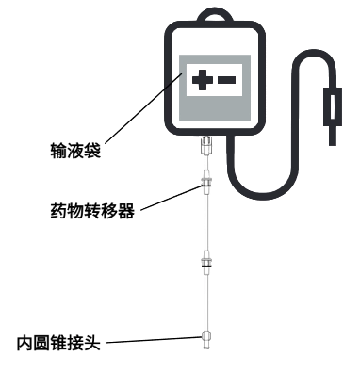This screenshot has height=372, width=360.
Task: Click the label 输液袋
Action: point(74,149)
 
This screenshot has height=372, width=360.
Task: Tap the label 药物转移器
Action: point(92,211)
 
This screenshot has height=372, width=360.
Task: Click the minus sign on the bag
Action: point(227,82)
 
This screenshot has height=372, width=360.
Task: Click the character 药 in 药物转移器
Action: point(57,211)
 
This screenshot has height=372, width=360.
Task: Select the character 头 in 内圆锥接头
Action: point(93,341)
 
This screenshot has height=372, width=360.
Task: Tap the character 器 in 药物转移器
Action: point(128,211)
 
